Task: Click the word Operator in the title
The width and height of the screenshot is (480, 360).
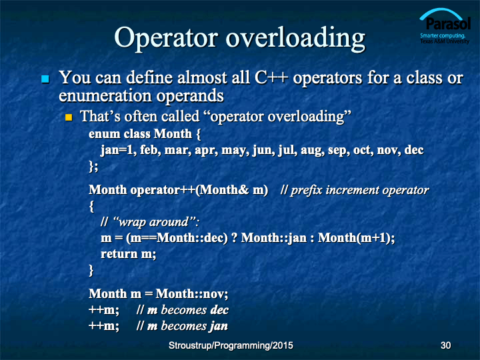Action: (166, 38)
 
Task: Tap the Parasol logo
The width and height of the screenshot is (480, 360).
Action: (445, 26)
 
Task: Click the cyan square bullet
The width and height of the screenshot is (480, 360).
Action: (45, 79)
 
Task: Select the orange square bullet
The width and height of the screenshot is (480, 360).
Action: (69, 117)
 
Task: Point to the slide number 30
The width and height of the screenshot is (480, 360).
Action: (445, 345)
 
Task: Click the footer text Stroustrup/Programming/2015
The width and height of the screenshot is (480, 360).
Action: (231, 345)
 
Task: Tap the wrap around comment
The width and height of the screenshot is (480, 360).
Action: (150, 222)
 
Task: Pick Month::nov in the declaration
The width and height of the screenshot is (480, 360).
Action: (191, 294)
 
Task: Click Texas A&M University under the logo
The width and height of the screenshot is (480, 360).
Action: (445, 41)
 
